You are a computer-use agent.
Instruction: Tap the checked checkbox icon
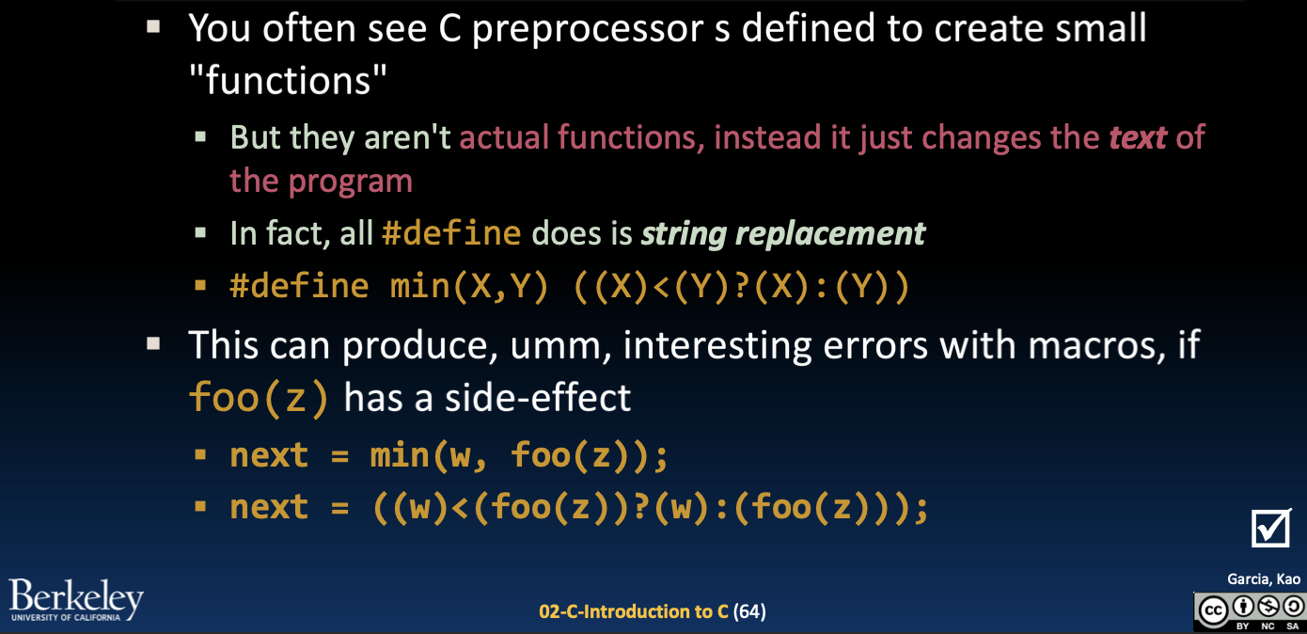1271,528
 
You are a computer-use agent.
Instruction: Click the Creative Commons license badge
1251,611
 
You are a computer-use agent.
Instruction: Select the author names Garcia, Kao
1264,579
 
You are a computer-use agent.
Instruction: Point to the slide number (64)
749,611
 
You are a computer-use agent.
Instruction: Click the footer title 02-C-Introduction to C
634,611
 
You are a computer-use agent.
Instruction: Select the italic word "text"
1138,137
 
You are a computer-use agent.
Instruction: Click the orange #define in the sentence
451,232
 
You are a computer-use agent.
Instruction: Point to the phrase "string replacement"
783,232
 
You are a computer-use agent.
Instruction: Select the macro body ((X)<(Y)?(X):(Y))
741,286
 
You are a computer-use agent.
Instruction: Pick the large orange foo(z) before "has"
260,398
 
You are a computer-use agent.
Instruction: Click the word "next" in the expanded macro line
269,508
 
